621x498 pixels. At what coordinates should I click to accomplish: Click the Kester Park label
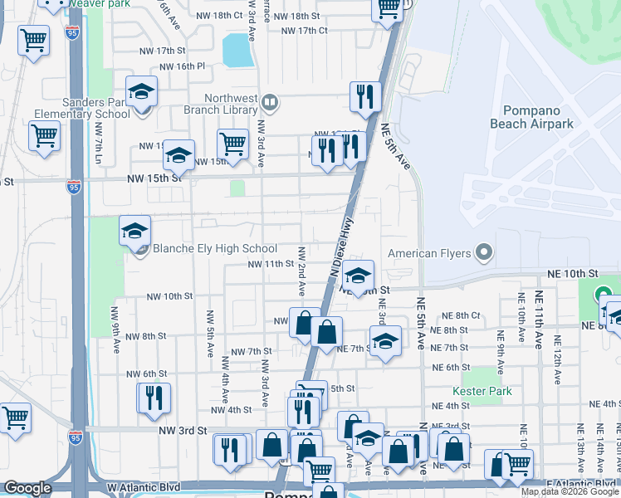point(482,391)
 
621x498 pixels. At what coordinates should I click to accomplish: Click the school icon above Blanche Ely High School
point(134,232)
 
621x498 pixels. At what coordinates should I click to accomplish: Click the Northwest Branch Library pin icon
point(269,102)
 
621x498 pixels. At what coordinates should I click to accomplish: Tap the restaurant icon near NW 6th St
point(154,398)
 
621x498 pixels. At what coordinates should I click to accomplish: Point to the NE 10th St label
point(572,273)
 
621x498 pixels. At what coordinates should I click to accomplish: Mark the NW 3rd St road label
point(180,430)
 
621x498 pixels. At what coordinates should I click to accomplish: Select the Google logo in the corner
point(28,488)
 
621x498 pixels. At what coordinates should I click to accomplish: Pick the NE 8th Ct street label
point(462,315)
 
